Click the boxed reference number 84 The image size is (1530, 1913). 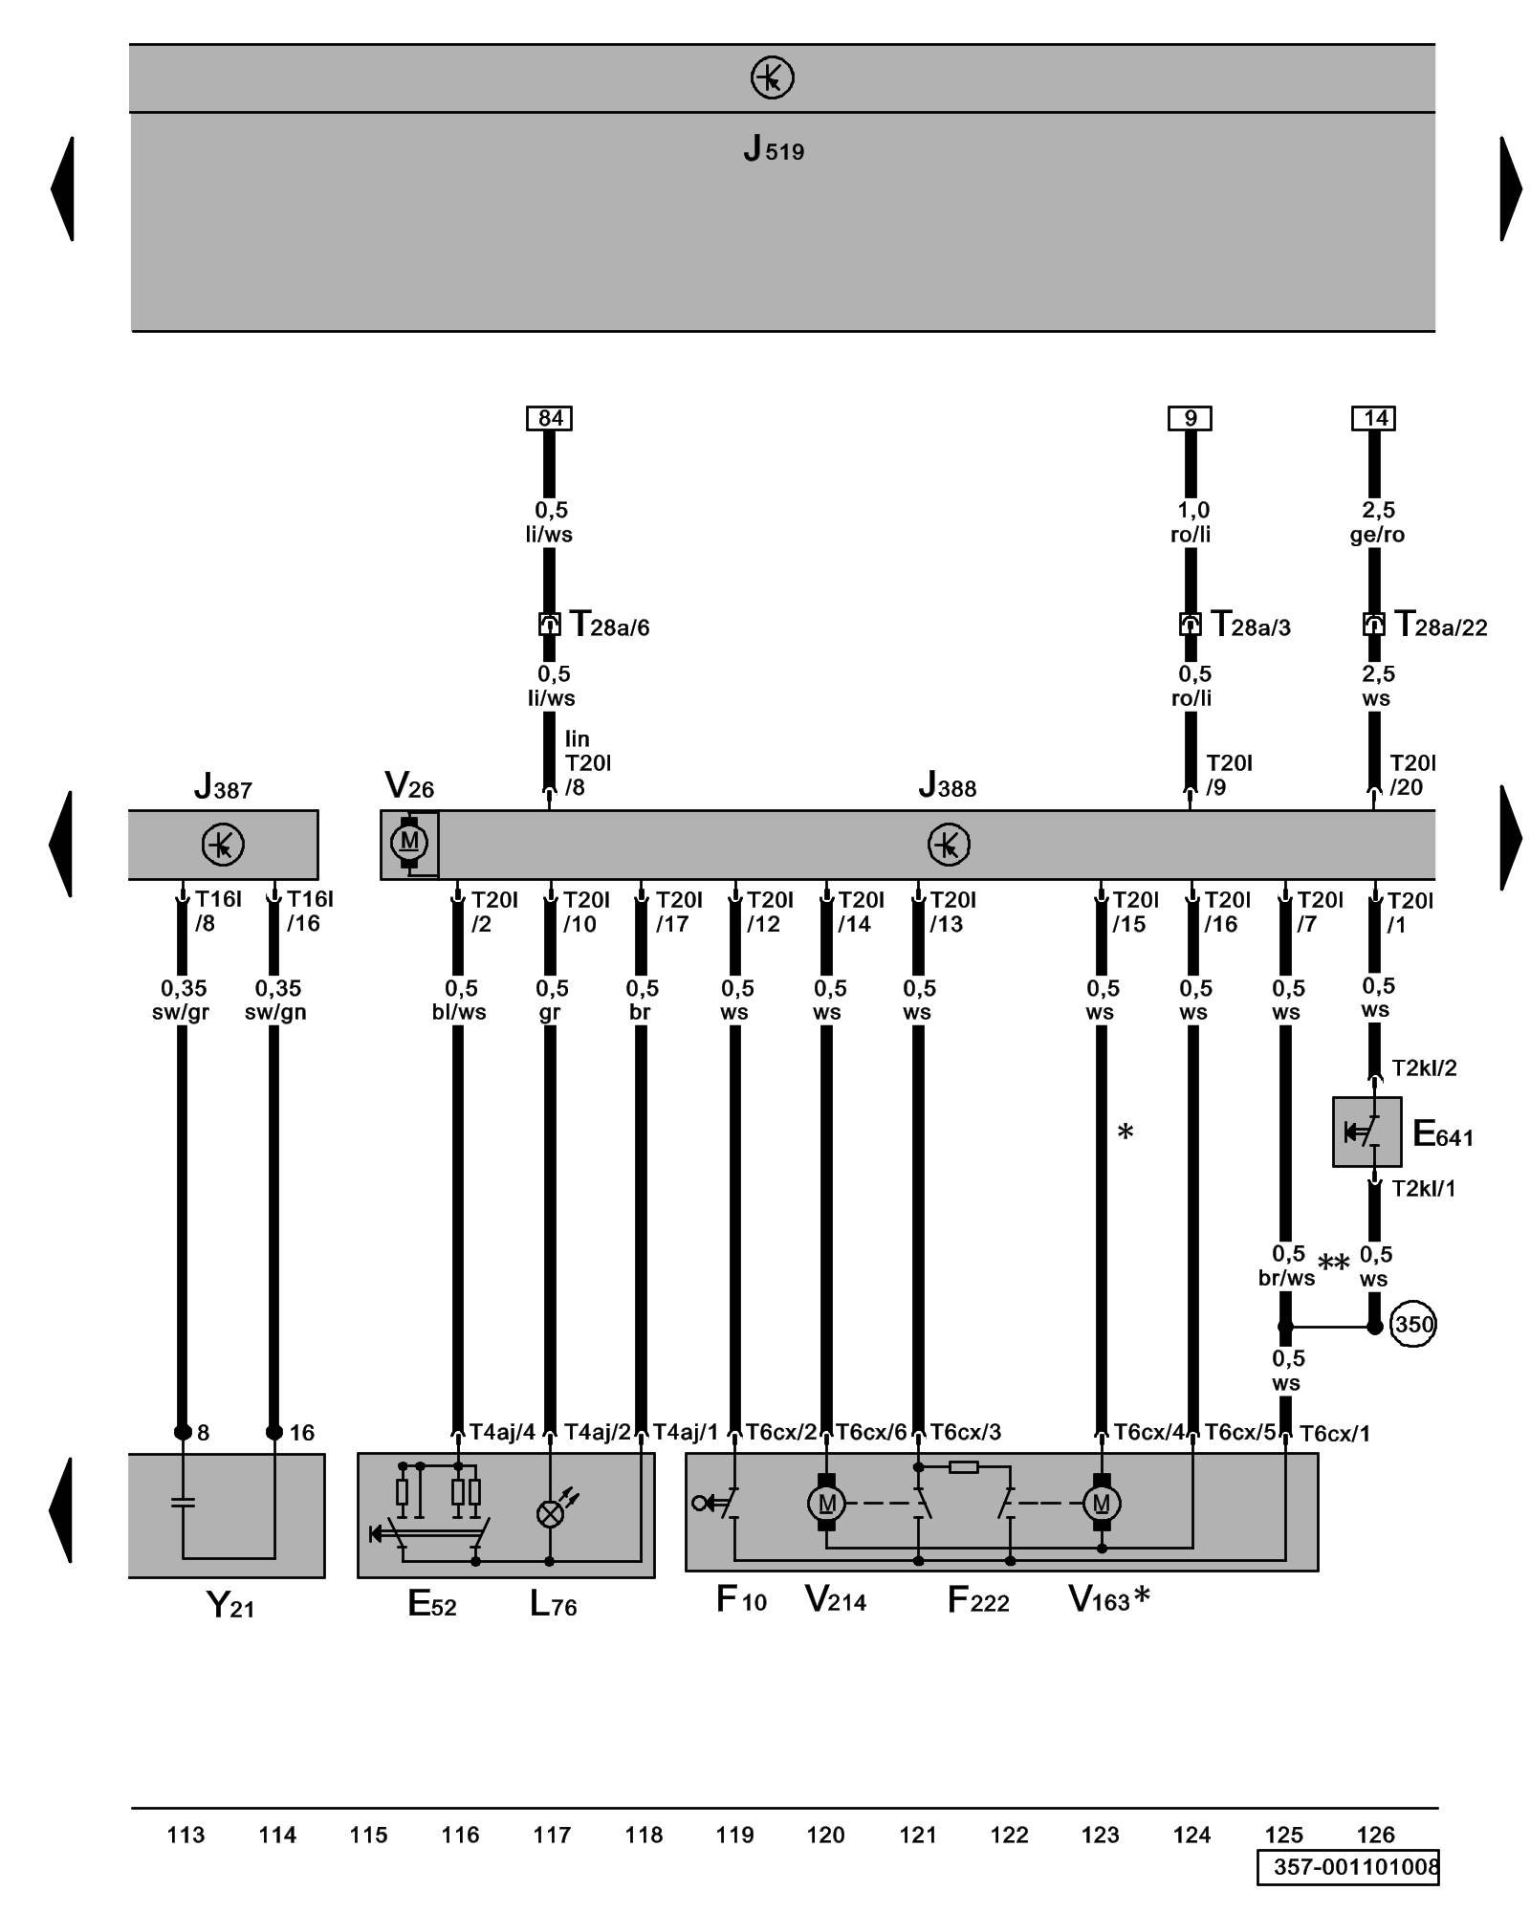pos(549,418)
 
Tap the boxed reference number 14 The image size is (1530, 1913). pos(1373,418)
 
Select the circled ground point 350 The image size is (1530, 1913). pos(1412,1325)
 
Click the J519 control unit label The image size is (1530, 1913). pos(774,149)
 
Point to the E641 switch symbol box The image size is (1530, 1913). pos(1366,1132)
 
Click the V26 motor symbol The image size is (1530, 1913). pos(409,843)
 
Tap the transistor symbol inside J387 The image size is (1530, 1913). pos(223,845)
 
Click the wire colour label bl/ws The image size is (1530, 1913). pos(459,1012)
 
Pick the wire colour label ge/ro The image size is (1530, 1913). pos(1377,535)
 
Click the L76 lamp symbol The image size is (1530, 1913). pos(550,1513)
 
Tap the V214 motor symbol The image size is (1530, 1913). pos(827,1504)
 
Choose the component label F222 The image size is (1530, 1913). pos(977,1600)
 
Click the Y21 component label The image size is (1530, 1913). pos(230,1604)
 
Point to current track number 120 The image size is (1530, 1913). pos(825,1835)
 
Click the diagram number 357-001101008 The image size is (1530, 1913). pos(1356,1867)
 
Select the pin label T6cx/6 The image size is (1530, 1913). pos(871,1432)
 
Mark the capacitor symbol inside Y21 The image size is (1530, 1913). pos(182,1502)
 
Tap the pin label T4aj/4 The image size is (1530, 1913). pos(502,1432)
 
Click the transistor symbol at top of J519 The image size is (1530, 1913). pos(772,77)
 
